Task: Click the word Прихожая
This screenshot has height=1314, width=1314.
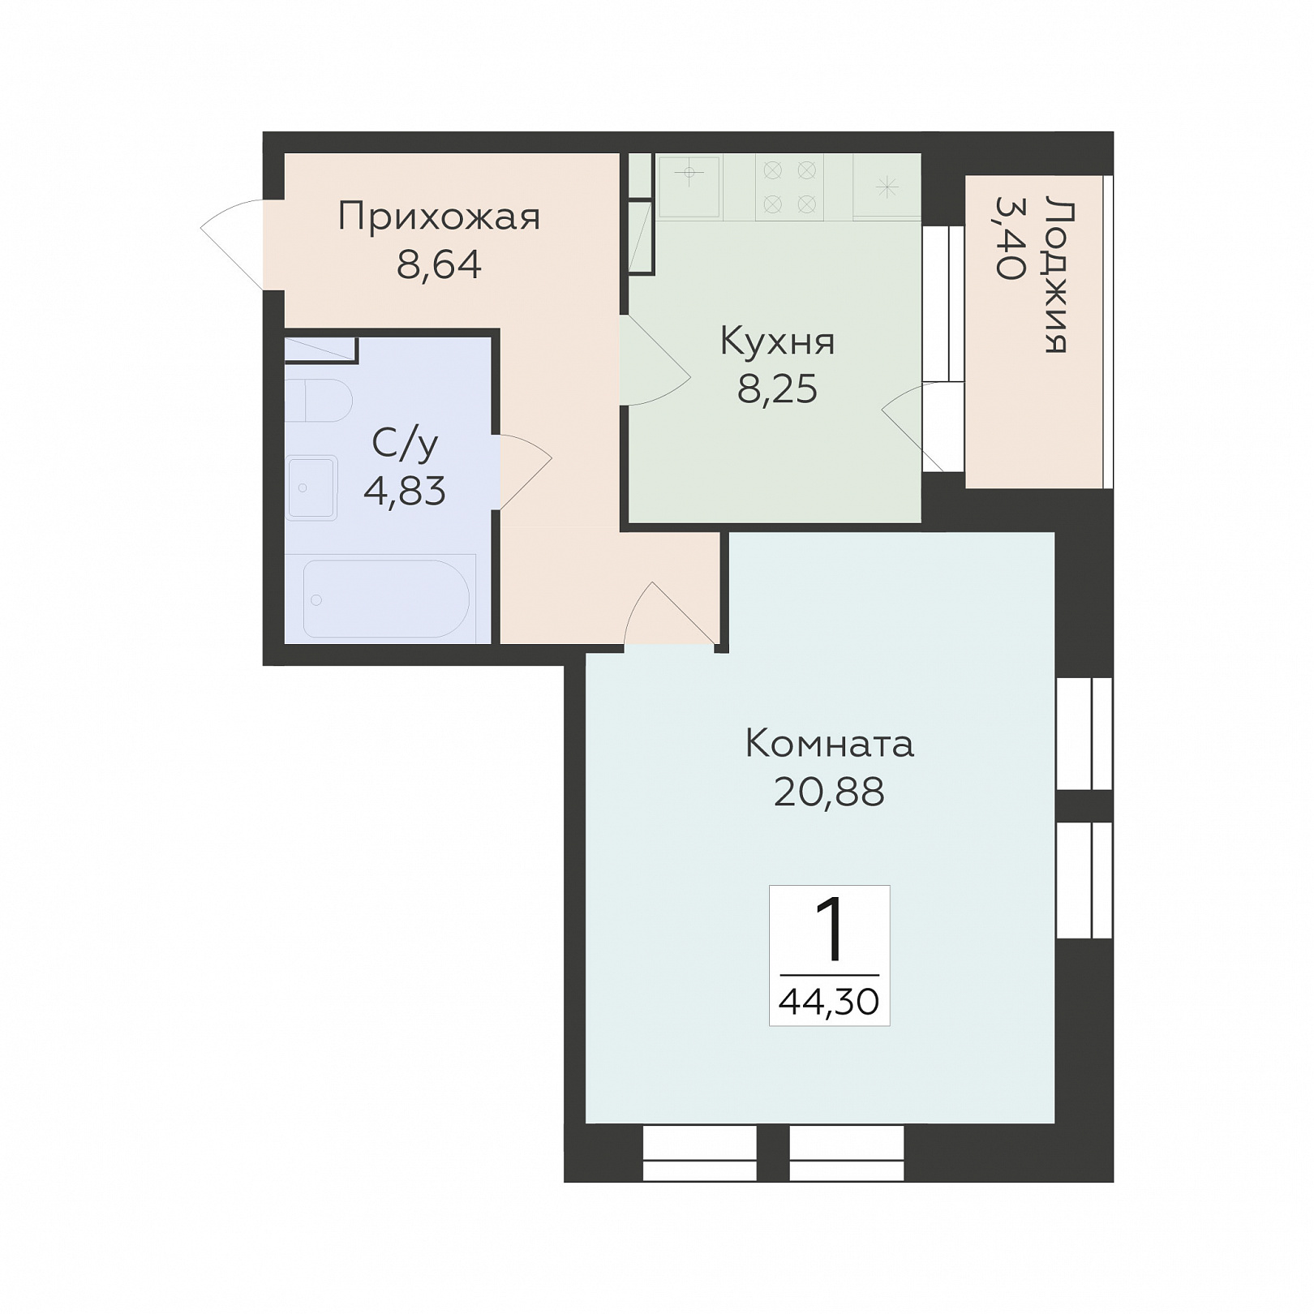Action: [x=439, y=217]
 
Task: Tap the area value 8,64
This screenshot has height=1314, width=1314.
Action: [x=439, y=264]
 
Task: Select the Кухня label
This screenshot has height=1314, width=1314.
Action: [x=777, y=341]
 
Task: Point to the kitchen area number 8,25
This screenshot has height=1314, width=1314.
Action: [x=777, y=389]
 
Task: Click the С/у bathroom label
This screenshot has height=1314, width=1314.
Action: [x=405, y=443]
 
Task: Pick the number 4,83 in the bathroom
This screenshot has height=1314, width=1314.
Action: [x=405, y=491]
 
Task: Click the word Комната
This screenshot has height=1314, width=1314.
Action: [x=829, y=743]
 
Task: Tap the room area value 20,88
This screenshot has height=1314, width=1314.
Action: [x=829, y=792]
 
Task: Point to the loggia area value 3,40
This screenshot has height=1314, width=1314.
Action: [x=1011, y=238]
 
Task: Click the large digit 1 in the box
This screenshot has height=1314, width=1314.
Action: [x=830, y=931]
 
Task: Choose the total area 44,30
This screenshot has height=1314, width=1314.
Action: [x=829, y=1003]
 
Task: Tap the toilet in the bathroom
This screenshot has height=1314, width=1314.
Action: [x=319, y=400]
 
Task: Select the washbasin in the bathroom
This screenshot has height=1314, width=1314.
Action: [x=311, y=487]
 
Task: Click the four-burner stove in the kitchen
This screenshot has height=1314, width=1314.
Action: [x=789, y=187]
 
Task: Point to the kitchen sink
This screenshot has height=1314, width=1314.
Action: [x=689, y=187]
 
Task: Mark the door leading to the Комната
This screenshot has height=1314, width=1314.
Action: [x=670, y=614]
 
